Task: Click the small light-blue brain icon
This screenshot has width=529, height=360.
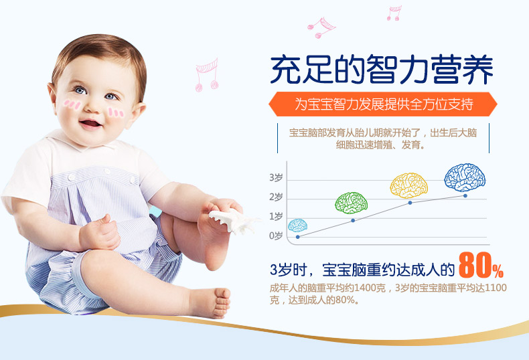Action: [x=297, y=226]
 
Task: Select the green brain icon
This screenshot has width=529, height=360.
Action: [x=351, y=203]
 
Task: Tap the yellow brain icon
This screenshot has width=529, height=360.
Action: [x=408, y=185]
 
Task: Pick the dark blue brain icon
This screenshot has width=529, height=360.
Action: [x=465, y=177]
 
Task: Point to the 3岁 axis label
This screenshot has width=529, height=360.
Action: [x=276, y=177]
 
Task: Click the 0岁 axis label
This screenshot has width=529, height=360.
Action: [x=276, y=236]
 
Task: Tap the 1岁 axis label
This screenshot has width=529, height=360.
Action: [x=276, y=217]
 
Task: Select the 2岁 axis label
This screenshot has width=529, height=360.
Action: [x=276, y=197]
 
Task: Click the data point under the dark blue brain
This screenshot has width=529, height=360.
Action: [x=465, y=195]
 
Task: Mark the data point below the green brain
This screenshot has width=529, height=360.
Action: [x=353, y=220]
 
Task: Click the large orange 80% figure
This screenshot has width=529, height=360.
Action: [x=481, y=266]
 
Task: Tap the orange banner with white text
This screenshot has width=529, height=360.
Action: [x=383, y=104]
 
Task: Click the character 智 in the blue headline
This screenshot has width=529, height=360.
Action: [x=383, y=70]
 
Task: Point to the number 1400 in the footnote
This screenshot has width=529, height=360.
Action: [x=366, y=288]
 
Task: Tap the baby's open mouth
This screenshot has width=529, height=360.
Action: [x=90, y=123]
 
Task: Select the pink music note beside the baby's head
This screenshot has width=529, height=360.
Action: [x=206, y=76]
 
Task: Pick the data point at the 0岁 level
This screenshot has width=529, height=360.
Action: [x=297, y=237]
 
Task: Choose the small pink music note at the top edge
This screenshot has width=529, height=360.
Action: [x=394, y=13]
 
